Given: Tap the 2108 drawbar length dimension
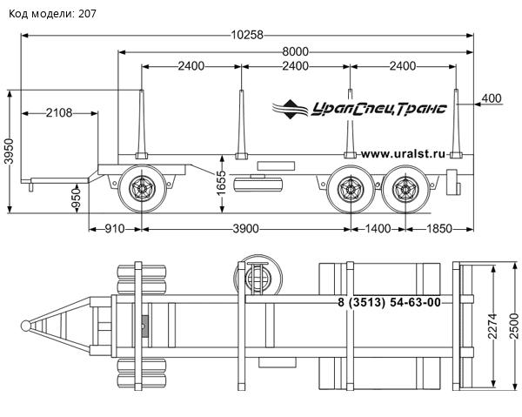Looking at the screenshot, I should tap(57, 112).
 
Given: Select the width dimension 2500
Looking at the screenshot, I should tap(513, 325).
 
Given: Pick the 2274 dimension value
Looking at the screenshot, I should tap(492, 325).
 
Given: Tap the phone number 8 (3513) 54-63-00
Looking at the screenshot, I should tap(388, 302).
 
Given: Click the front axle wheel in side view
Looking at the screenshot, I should tap(143, 187).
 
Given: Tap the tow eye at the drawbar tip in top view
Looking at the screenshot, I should tap(29, 326).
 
